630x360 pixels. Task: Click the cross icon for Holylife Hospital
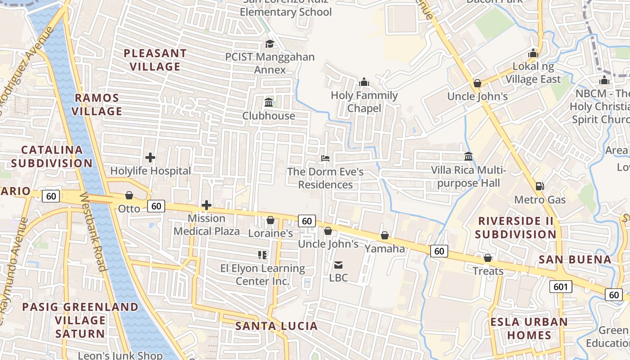click(x=150, y=157)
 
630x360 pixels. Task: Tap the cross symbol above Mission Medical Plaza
click(x=207, y=205)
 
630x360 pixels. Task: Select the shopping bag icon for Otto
click(x=129, y=195)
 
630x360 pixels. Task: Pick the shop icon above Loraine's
click(x=270, y=220)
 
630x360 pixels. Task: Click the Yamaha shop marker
click(x=385, y=235)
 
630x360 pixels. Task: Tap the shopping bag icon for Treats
click(x=488, y=258)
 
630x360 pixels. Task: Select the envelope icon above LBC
click(x=338, y=265)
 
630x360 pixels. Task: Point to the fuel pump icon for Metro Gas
click(x=540, y=186)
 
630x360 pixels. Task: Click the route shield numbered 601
click(x=560, y=286)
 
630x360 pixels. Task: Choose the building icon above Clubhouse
click(x=269, y=102)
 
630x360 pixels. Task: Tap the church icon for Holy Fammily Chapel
click(x=364, y=82)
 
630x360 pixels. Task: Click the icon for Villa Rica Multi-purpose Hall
click(x=468, y=157)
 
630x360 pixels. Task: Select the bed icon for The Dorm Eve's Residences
click(x=325, y=158)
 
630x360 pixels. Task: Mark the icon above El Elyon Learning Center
click(x=263, y=255)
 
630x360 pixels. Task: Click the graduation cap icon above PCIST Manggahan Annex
click(x=270, y=44)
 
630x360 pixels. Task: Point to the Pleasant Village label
click(x=155, y=60)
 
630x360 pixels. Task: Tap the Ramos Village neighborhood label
click(x=97, y=104)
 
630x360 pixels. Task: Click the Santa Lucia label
click(x=276, y=326)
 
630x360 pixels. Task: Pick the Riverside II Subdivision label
click(x=516, y=228)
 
